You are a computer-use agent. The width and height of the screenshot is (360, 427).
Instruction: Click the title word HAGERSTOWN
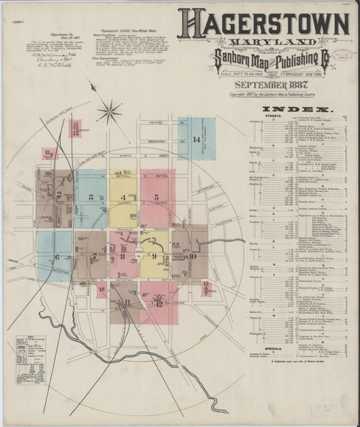(x=263, y=24)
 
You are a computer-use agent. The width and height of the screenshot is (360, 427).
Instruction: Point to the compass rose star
(x=108, y=111)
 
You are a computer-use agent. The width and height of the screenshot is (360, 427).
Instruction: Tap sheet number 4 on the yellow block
(x=123, y=197)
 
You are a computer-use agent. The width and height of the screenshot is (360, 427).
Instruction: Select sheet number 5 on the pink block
(x=156, y=197)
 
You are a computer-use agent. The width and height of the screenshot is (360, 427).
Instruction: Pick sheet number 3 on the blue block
(x=90, y=197)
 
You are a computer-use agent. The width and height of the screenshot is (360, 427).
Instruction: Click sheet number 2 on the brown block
(x=59, y=196)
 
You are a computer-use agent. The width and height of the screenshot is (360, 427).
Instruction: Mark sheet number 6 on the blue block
(x=57, y=257)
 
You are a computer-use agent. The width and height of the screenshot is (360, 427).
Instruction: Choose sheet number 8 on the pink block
(x=123, y=256)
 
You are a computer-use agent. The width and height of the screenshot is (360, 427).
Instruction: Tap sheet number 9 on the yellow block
(x=155, y=256)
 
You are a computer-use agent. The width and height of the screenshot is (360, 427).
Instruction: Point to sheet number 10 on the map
(x=192, y=256)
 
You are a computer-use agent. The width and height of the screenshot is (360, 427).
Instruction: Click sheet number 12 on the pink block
(x=159, y=303)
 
